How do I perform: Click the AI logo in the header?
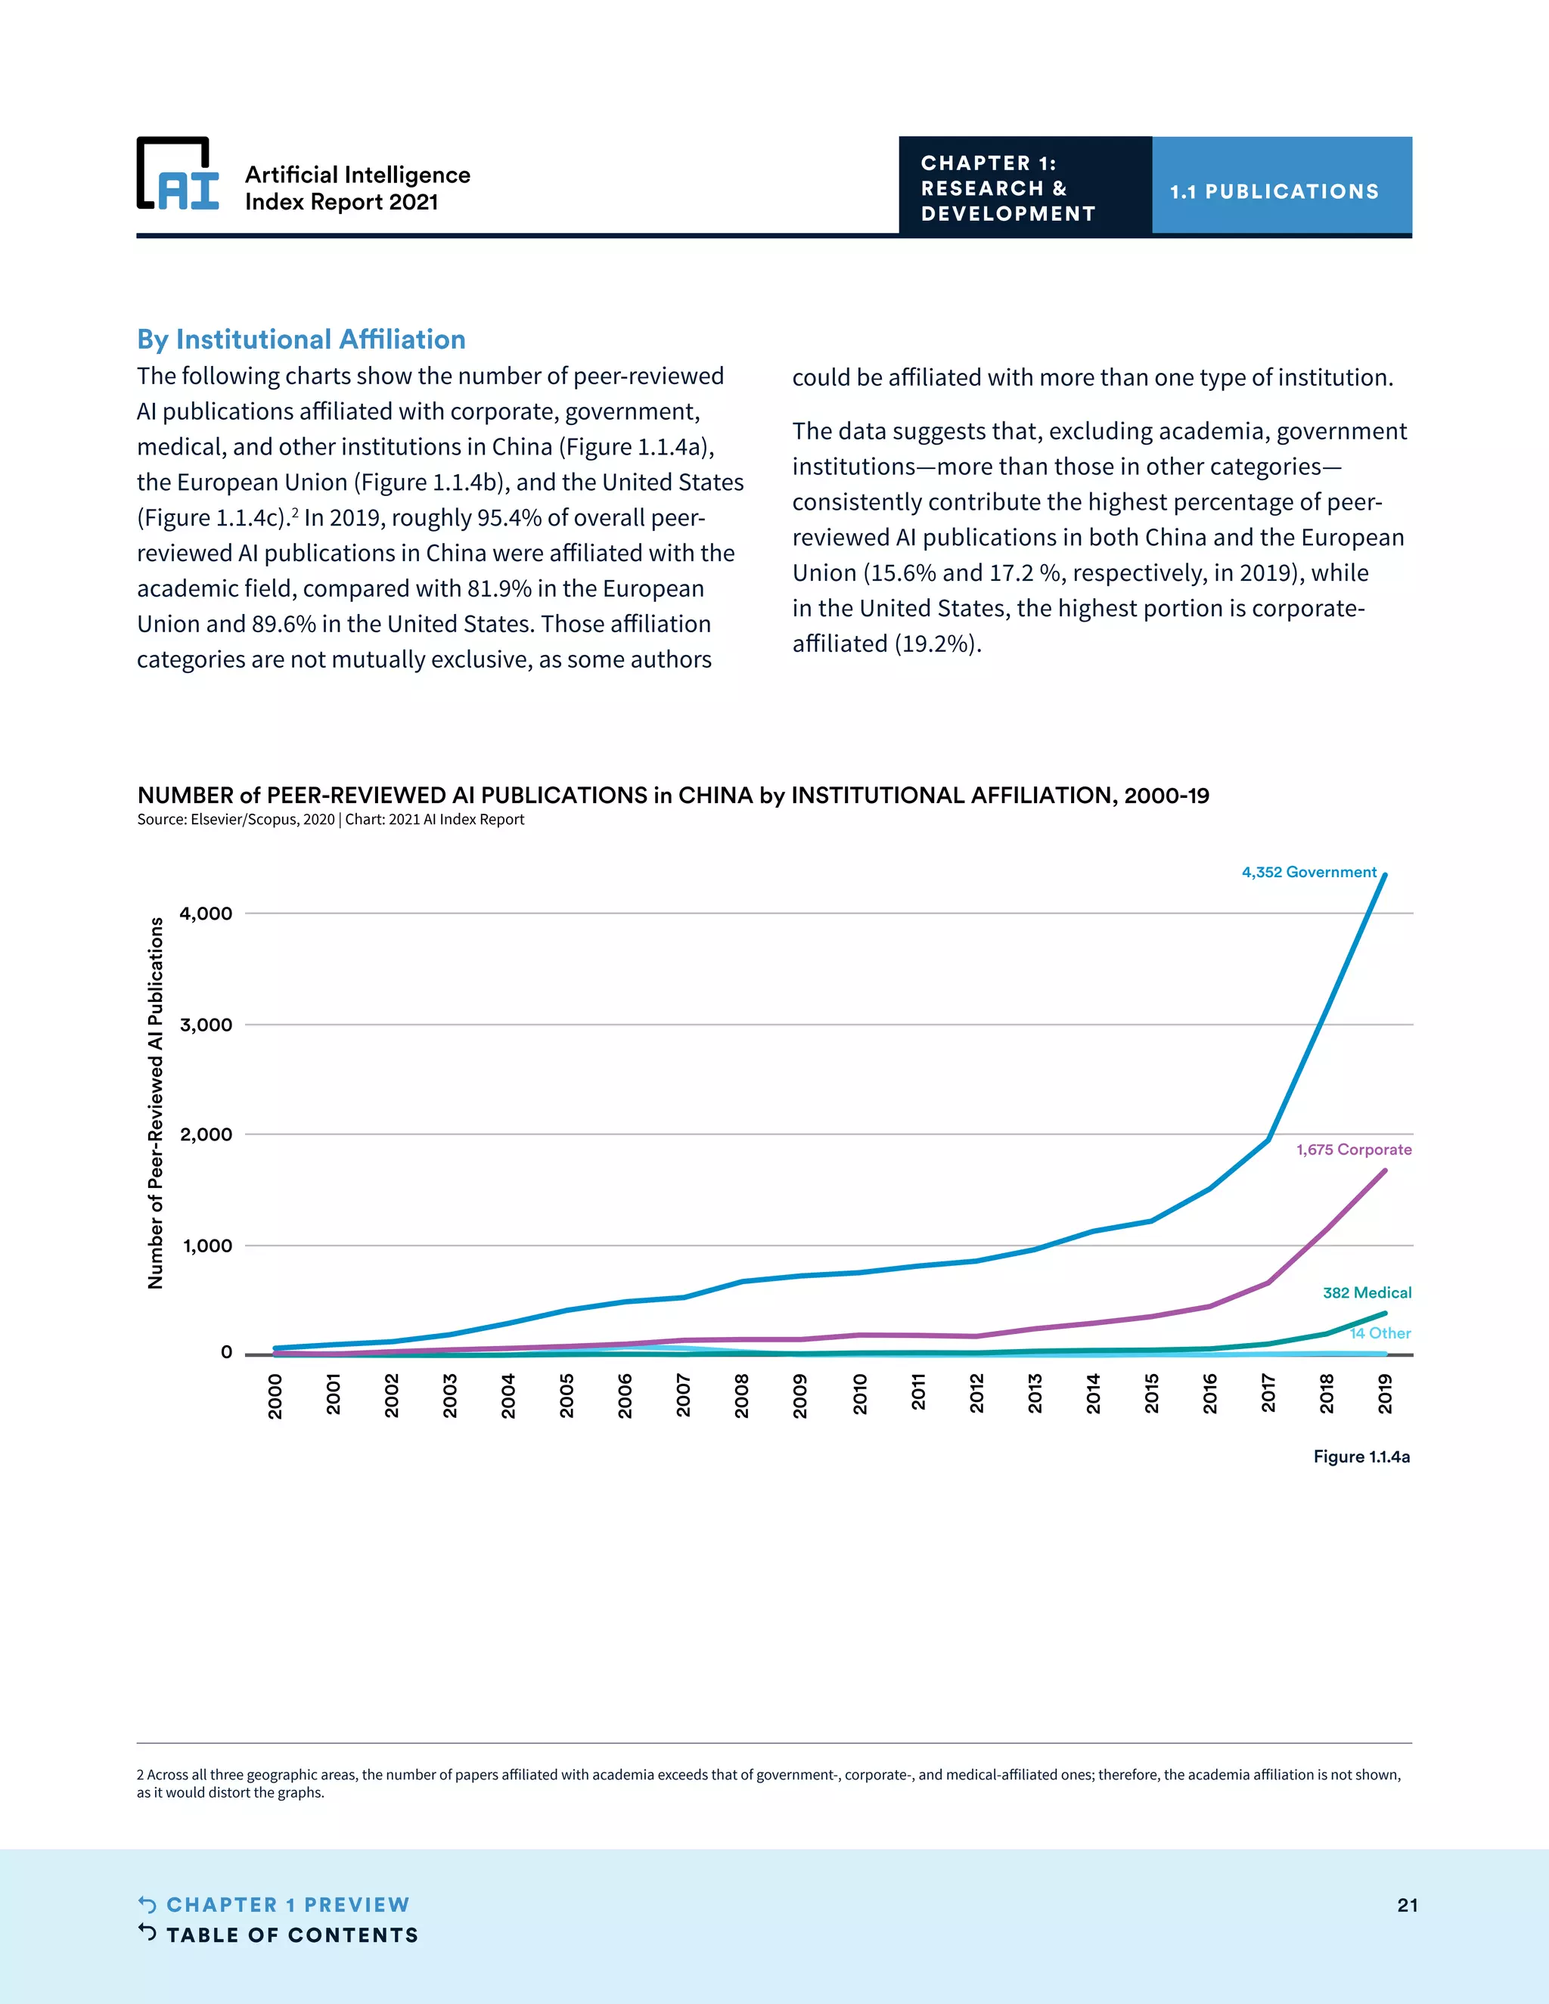pyautogui.click(x=178, y=175)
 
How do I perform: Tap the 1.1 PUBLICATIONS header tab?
pyautogui.click(x=1274, y=192)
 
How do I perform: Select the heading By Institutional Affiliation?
pyautogui.click(x=301, y=340)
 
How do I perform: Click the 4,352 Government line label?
pyautogui.click(x=1308, y=872)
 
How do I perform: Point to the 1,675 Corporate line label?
pyautogui.click(x=1354, y=1149)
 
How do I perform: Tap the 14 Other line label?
pyautogui.click(x=1380, y=1332)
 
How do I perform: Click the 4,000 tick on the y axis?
pyautogui.click(x=206, y=914)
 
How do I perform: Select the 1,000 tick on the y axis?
pyautogui.click(x=207, y=1246)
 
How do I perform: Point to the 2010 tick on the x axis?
pyautogui.click(x=860, y=1394)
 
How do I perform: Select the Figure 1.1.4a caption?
pyautogui.click(x=1361, y=1456)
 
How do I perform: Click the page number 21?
pyautogui.click(x=1407, y=1905)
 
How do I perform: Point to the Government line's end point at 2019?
pyautogui.click(x=1385, y=876)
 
